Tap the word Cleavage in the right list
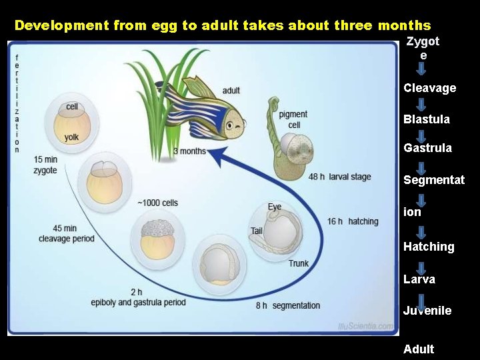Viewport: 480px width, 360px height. [429, 88]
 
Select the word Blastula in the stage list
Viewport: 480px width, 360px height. [426, 119]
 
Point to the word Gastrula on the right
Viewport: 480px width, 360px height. [427, 148]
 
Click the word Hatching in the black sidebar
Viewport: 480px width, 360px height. [429, 247]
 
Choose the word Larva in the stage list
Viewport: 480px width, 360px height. [419, 279]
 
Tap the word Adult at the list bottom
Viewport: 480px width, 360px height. [418, 349]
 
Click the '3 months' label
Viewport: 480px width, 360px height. [189, 151]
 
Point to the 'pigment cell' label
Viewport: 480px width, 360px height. [293, 120]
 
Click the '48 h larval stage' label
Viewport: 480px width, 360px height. [340, 177]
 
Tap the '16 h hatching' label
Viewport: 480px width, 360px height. [353, 221]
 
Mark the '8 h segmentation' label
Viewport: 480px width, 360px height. [287, 305]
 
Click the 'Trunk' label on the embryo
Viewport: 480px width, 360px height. [298, 263]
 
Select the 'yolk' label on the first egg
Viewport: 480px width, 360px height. [71, 137]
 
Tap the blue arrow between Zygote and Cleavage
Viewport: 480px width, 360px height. [421, 70]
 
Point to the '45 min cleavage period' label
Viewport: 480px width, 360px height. [66, 234]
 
